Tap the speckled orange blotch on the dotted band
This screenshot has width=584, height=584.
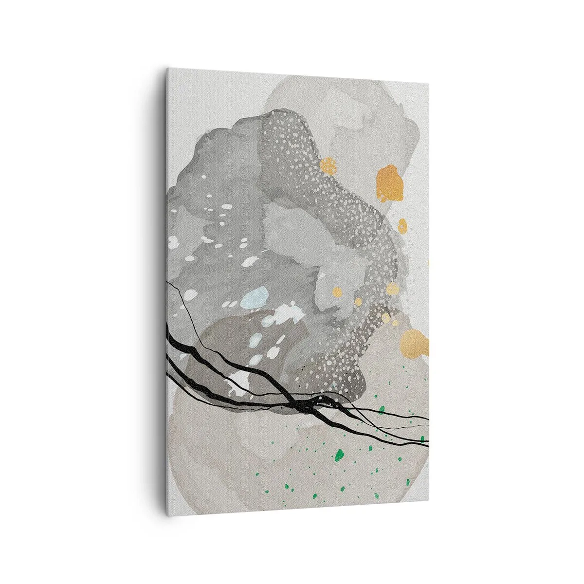coord(328,166)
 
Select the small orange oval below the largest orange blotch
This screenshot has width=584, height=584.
coord(402,226)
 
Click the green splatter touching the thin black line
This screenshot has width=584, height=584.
coord(382,408)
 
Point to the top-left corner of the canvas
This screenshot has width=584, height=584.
coord(167,69)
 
